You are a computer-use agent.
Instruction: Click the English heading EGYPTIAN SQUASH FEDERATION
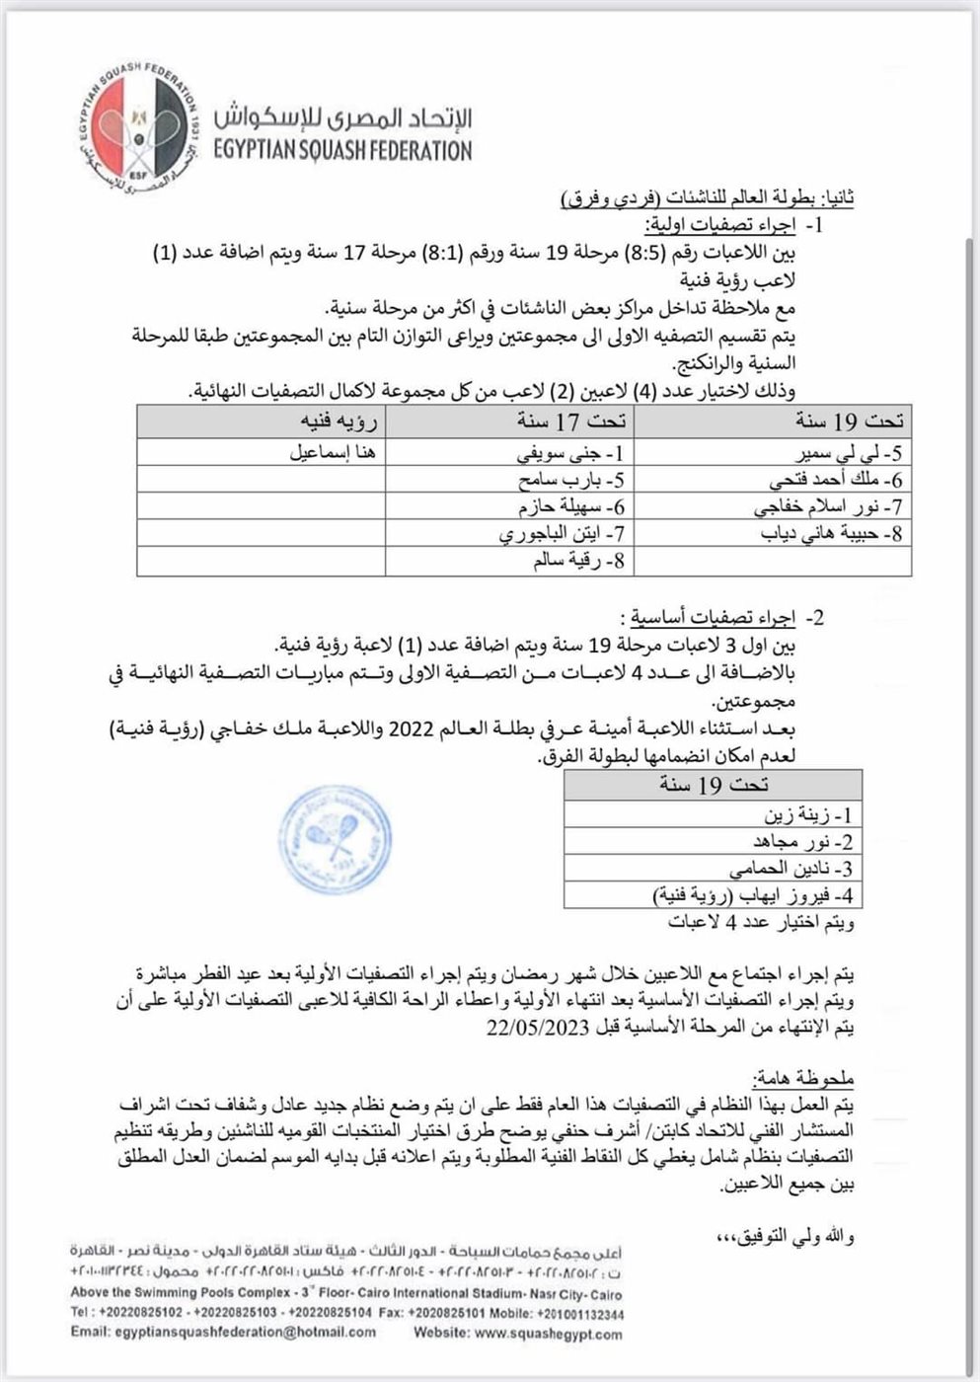[x=341, y=152]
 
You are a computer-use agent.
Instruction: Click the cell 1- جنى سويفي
[x=573, y=455]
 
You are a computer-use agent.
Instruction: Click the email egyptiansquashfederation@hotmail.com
[x=223, y=1333]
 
